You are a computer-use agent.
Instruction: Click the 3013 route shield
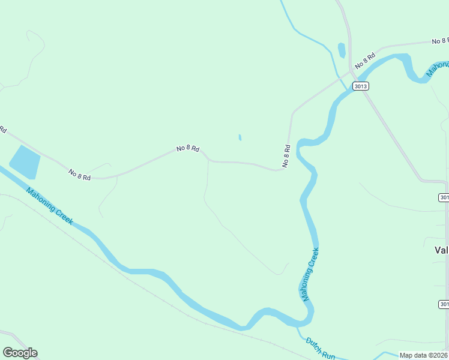click(x=361, y=86)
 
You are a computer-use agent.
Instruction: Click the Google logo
click(x=20, y=353)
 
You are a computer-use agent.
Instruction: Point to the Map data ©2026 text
click(x=423, y=355)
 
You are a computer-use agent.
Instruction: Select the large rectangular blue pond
click(x=25, y=162)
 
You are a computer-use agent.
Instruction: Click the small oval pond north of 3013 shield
click(x=342, y=50)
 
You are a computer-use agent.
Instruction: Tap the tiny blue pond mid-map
click(x=240, y=137)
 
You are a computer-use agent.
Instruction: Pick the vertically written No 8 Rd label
click(x=286, y=156)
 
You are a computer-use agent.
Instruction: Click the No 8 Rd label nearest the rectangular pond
click(x=79, y=174)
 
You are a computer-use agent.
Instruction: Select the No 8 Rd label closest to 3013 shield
click(x=364, y=60)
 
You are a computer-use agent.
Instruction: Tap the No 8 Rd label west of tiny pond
click(x=188, y=148)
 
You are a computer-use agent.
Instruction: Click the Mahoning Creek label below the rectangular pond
click(x=49, y=206)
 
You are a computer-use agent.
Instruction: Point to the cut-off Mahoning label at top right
click(x=438, y=69)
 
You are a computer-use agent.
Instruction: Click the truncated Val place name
click(x=441, y=251)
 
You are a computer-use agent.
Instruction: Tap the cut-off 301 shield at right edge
click(x=444, y=197)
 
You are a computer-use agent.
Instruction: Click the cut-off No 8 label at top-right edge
click(x=440, y=41)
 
